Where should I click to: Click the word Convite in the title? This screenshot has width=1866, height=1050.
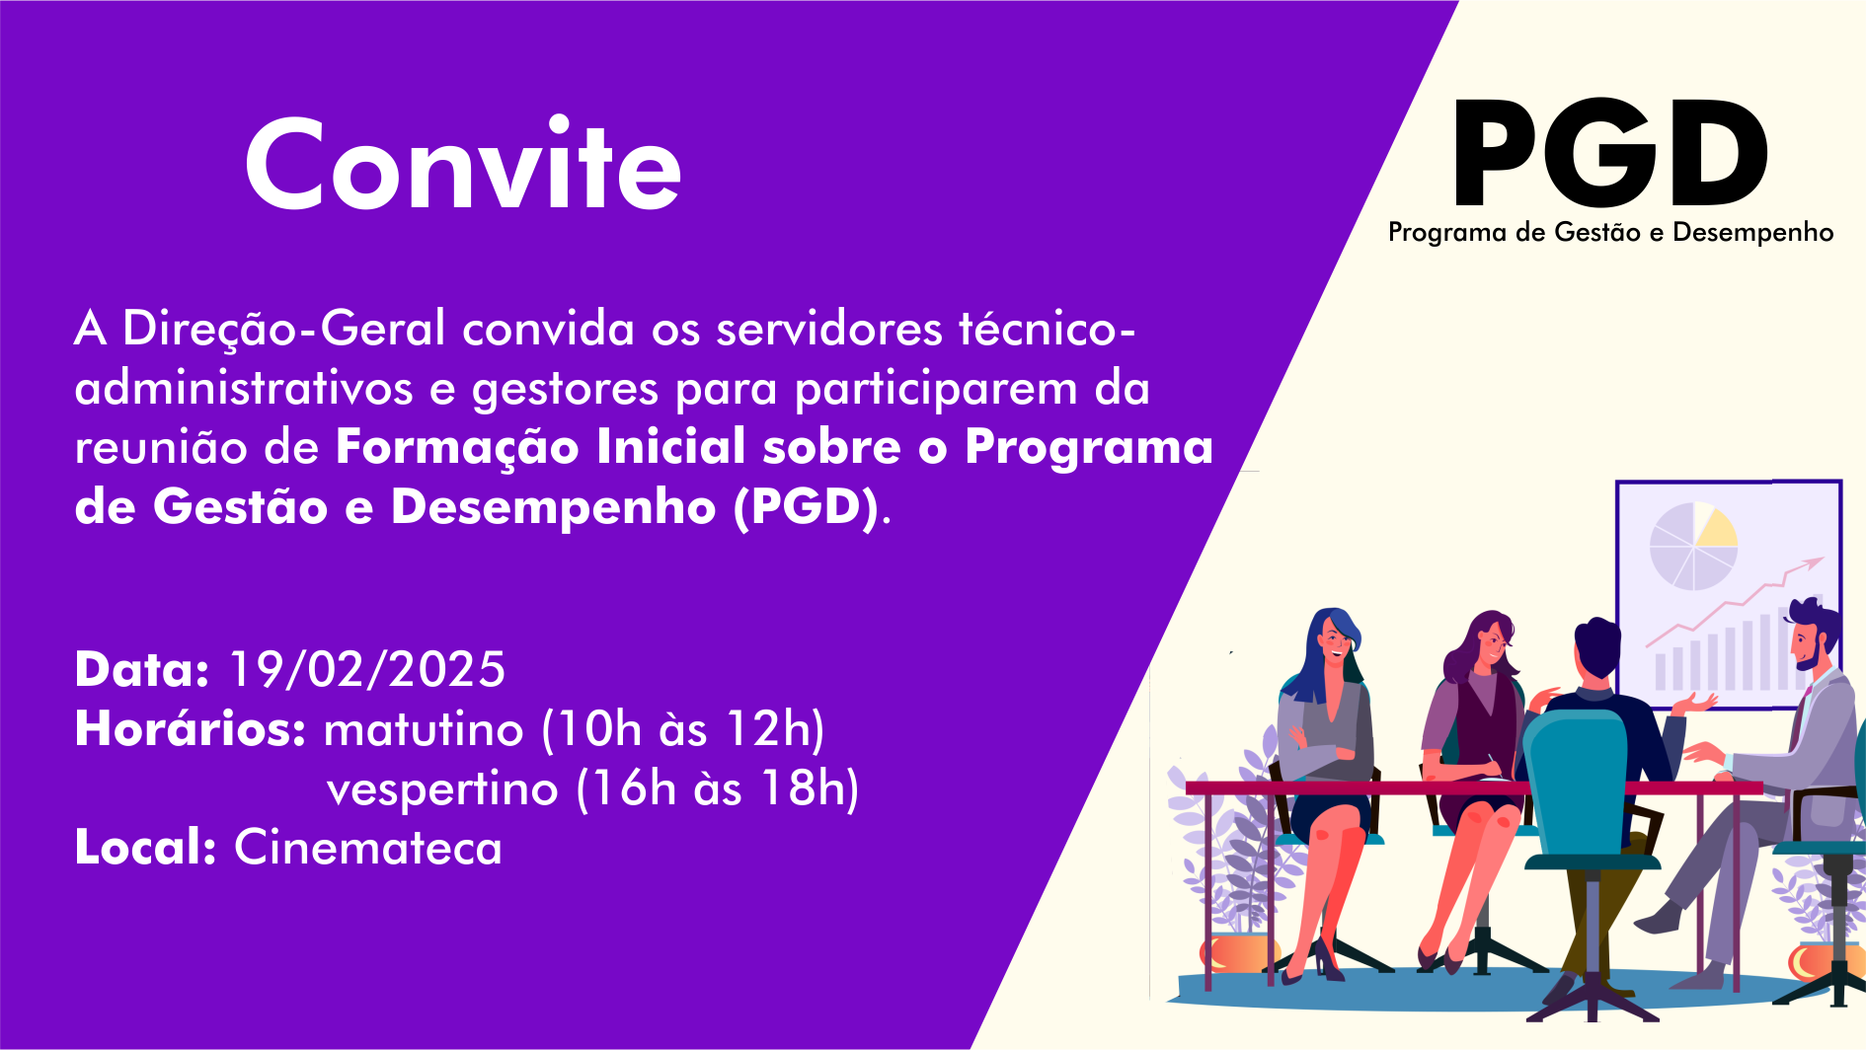(x=463, y=164)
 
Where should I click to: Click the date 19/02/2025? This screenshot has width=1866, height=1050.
(x=367, y=670)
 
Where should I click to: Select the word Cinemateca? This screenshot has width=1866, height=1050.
(x=368, y=848)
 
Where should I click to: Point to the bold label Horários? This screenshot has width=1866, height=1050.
(x=191, y=729)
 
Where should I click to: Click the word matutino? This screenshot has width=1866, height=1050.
(x=424, y=730)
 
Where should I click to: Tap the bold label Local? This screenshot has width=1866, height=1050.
(x=145, y=848)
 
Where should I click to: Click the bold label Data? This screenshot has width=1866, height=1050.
(x=142, y=670)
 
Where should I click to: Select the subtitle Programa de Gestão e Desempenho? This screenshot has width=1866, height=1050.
(x=1610, y=233)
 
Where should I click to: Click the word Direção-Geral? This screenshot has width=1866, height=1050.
(x=283, y=328)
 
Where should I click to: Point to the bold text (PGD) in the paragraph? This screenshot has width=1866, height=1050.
(x=806, y=507)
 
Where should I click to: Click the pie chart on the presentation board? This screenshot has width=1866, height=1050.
(x=1693, y=546)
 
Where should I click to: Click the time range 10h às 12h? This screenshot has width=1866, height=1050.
(x=682, y=730)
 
